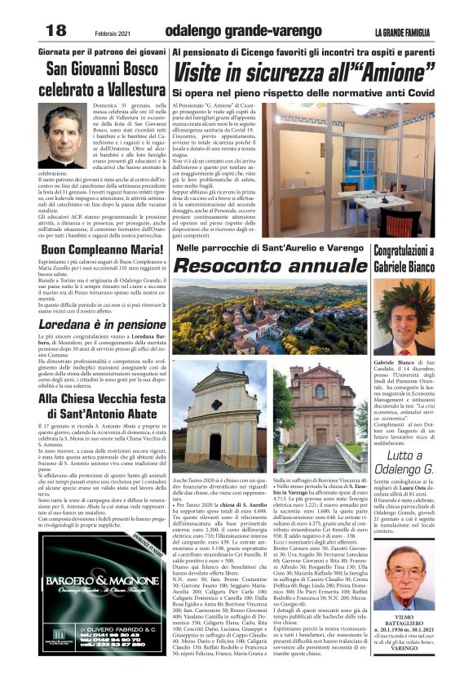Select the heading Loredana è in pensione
point(91,323)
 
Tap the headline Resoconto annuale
point(268,266)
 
